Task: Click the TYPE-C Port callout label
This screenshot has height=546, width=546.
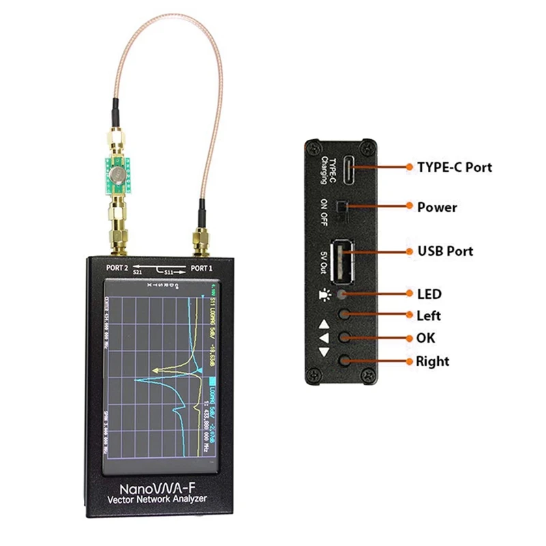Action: click(x=454, y=167)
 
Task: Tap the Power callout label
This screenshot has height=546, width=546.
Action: click(x=437, y=206)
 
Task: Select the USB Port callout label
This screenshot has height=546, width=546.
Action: click(x=445, y=250)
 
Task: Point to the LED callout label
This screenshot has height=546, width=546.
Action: click(x=429, y=294)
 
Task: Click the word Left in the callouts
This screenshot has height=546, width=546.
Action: click(x=429, y=315)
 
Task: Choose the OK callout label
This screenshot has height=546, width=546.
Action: click(x=425, y=338)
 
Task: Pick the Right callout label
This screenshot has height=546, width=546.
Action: click(x=433, y=360)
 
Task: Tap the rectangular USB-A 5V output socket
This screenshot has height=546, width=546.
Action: click(x=342, y=260)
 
